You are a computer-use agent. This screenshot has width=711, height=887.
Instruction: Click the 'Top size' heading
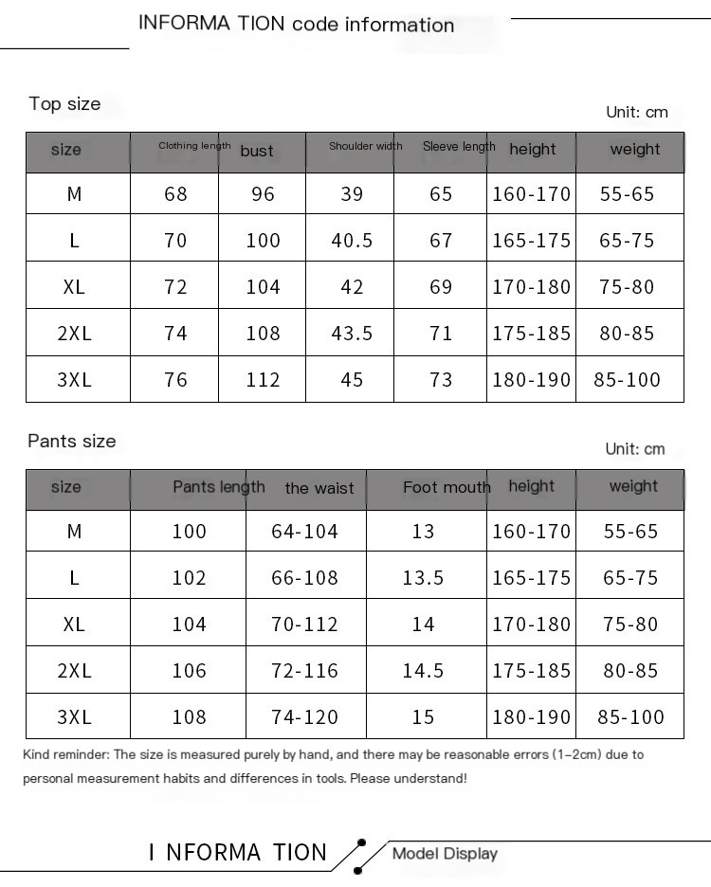click(64, 104)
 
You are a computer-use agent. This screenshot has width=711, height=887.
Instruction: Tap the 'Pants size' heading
click(72, 441)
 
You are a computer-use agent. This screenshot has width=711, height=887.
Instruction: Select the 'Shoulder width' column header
click(365, 146)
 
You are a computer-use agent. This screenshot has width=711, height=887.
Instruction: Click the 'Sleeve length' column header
click(459, 146)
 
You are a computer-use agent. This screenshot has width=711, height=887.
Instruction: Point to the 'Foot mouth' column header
click(447, 487)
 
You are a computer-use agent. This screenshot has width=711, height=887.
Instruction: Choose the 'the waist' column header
click(319, 488)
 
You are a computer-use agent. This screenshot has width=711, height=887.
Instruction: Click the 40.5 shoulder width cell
click(352, 241)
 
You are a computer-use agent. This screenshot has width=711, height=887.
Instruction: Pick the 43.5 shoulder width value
click(352, 334)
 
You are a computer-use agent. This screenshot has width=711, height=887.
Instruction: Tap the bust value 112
click(263, 380)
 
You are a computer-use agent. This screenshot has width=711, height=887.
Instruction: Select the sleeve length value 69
click(441, 287)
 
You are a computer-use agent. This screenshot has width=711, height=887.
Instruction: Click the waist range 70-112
click(304, 625)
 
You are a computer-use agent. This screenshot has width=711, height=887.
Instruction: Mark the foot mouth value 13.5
click(423, 578)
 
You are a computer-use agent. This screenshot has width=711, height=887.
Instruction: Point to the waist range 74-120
click(304, 717)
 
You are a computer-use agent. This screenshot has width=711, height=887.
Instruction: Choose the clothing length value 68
click(175, 194)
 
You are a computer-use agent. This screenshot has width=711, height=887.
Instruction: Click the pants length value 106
click(189, 671)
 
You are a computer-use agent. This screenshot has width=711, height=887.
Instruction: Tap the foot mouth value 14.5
click(423, 671)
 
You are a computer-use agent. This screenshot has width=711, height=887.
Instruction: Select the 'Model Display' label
click(445, 854)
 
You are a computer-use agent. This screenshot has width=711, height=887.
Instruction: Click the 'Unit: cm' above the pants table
click(635, 449)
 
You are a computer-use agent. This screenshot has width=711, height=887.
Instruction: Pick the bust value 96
click(263, 194)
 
